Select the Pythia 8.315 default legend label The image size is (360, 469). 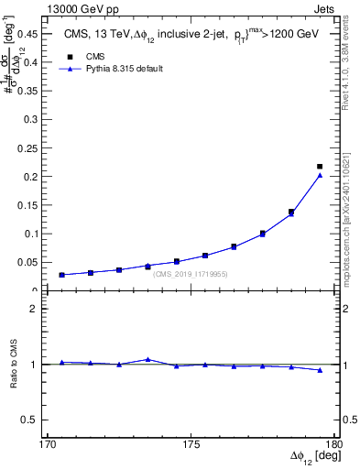[124, 69]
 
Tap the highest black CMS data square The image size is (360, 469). [320, 167]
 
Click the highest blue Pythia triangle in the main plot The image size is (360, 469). [320, 175]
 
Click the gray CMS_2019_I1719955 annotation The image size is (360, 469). [191, 274]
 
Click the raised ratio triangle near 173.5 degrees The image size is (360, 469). [147, 359]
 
